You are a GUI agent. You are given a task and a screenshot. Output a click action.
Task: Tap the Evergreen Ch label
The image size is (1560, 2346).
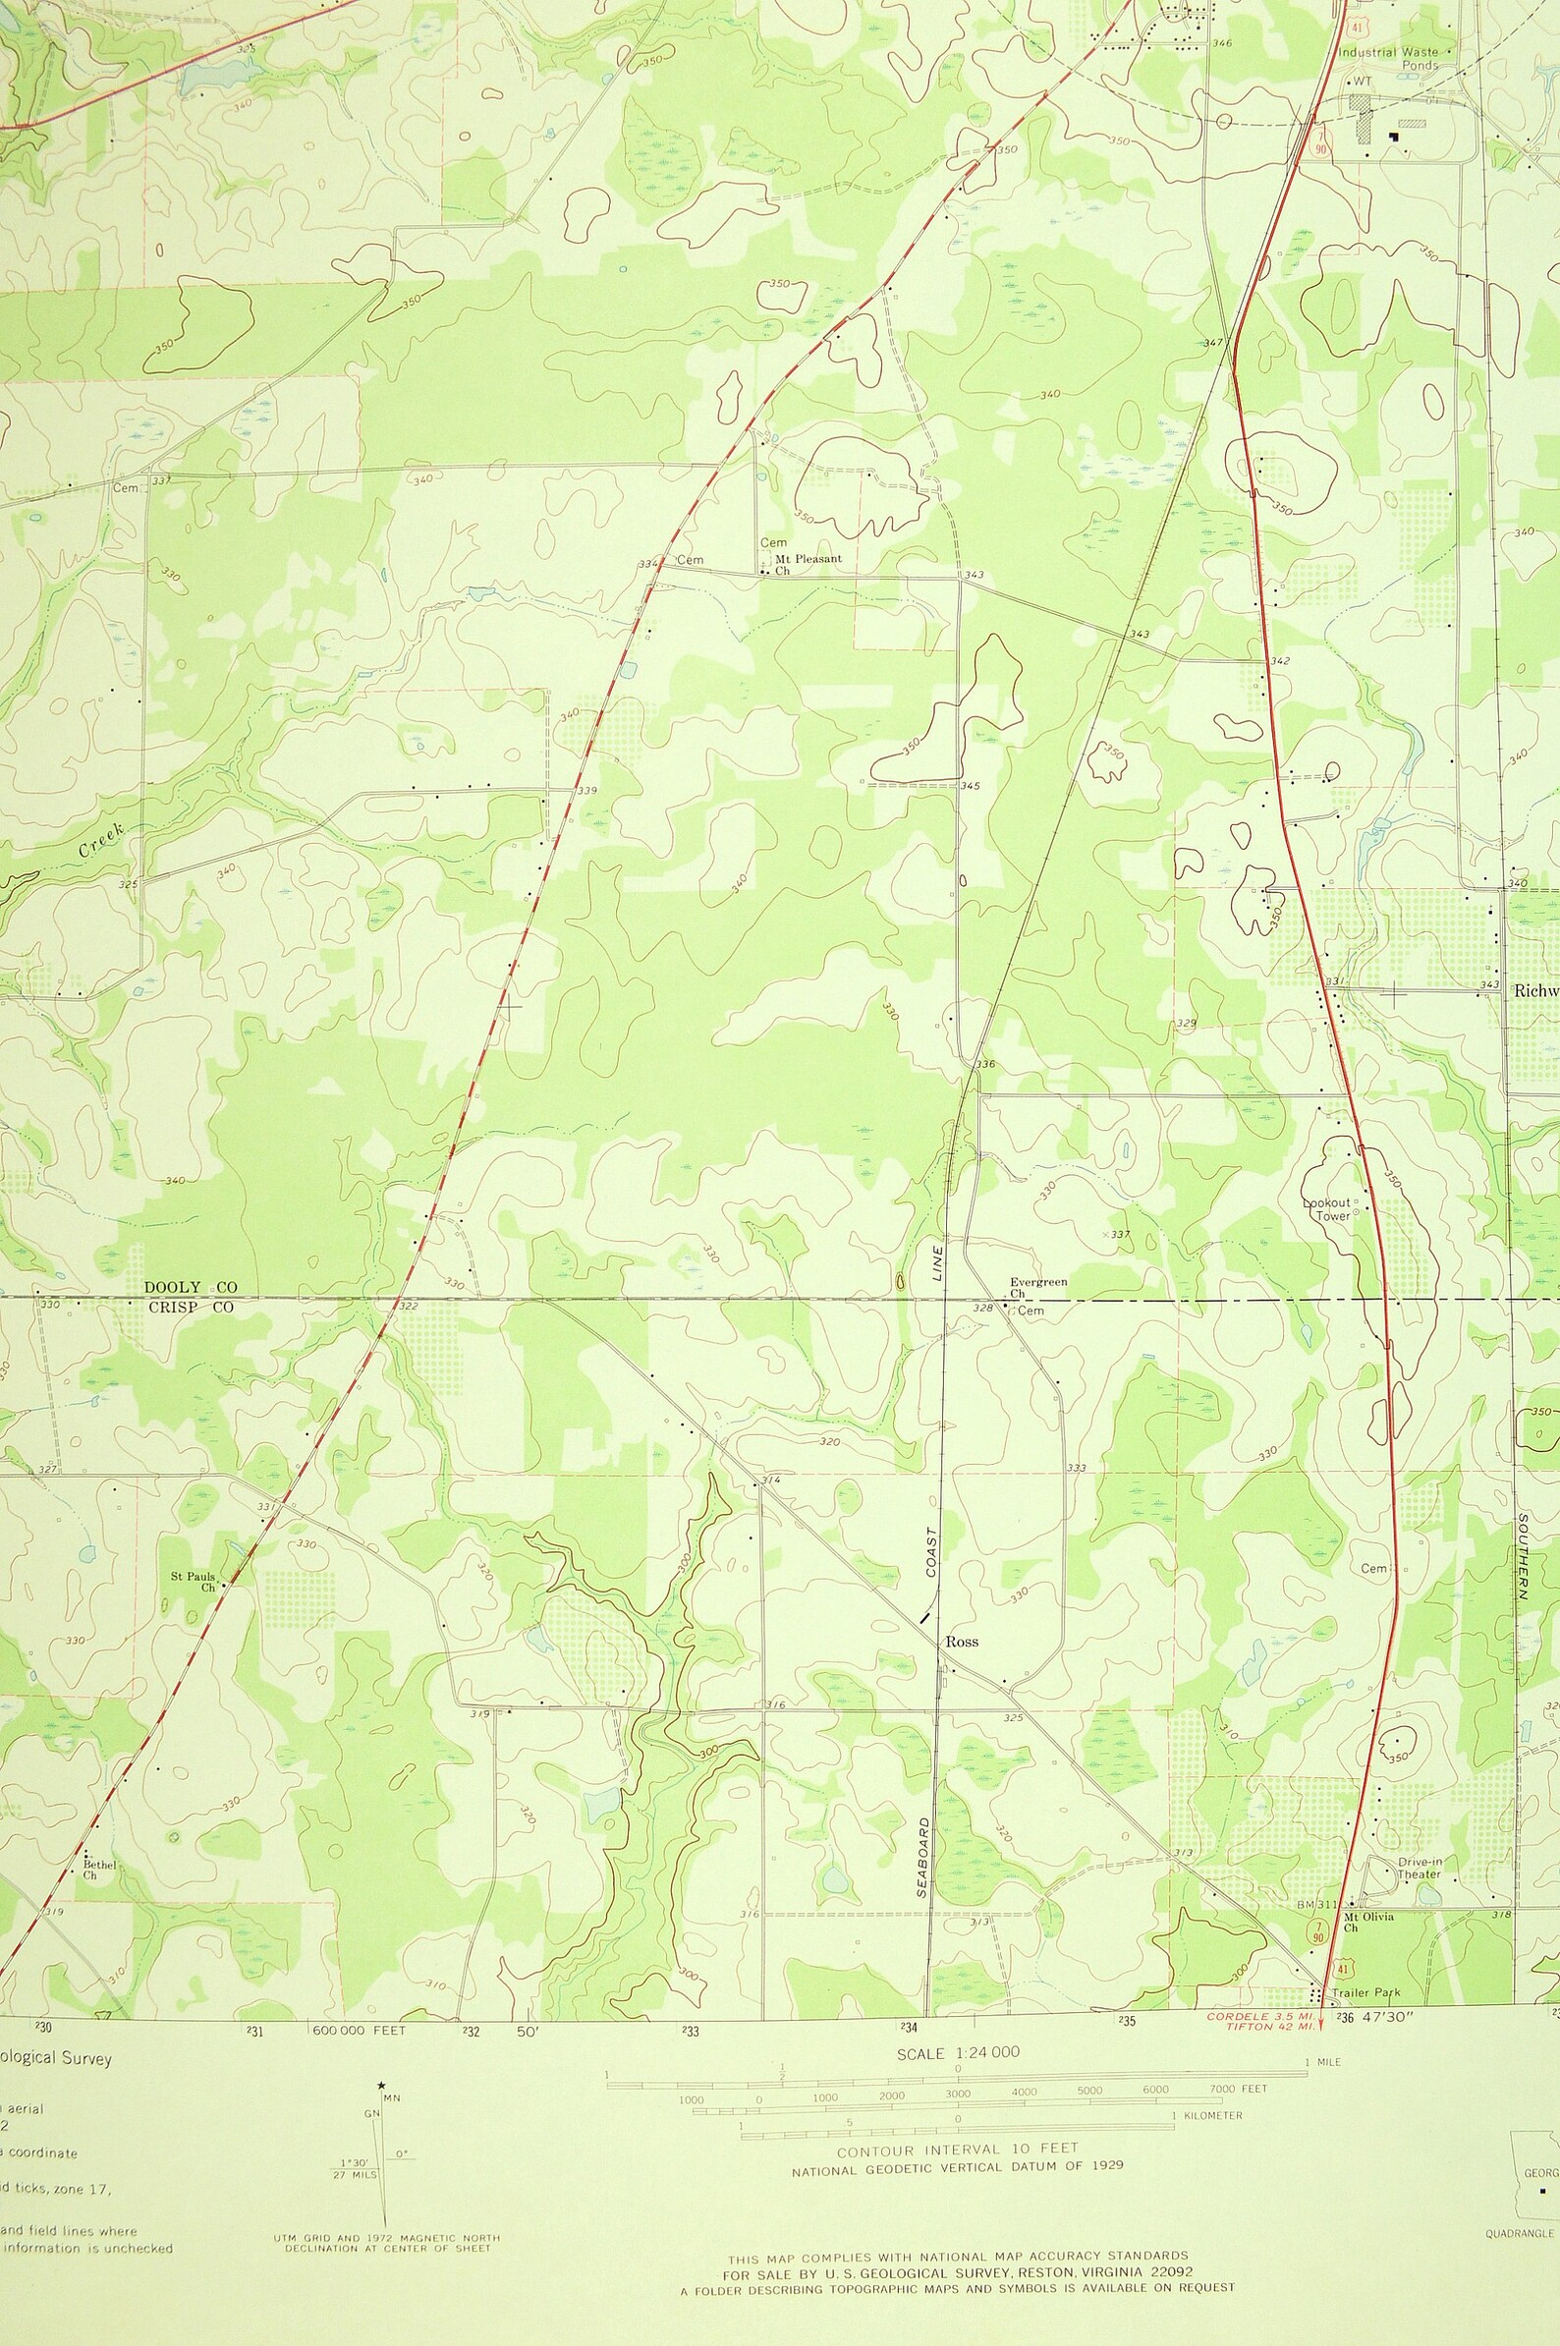pos(1037,1287)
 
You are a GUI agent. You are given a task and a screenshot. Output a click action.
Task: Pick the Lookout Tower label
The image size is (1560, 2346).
pos(1327,1208)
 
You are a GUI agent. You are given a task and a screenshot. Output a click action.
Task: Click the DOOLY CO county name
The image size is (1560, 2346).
pos(190,1286)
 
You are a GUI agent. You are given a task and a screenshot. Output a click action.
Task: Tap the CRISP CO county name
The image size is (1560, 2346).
pos(190,1308)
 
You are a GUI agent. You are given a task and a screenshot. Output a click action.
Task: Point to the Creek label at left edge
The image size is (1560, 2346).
pos(101,840)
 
